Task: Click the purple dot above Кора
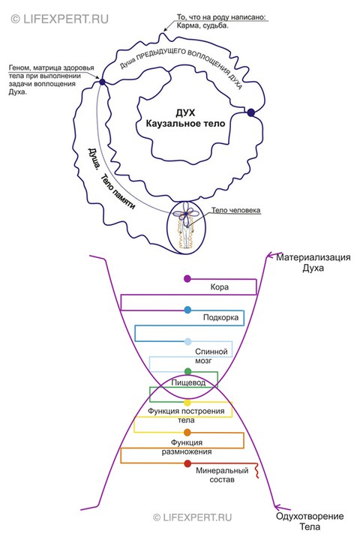tap(187, 278)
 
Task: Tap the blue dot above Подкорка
tap(187, 310)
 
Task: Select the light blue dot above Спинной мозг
tap(187, 342)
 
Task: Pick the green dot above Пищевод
tap(187, 371)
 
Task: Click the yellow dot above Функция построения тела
tap(187, 402)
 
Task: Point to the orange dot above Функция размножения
tap(187, 432)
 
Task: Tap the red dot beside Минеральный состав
tap(187, 463)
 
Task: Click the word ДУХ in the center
tap(186, 112)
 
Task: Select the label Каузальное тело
tap(185, 123)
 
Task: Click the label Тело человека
tap(235, 210)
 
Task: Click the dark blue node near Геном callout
tap(102, 82)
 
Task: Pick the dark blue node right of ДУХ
tap(251, 112)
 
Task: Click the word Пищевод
tap(188, 382)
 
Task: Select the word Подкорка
tap(220, 317)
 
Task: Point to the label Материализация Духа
tap(313, 262)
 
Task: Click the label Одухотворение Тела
tap(310, 521)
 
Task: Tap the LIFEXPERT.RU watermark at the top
tap(59, 19)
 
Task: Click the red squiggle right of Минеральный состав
tap(256, 471)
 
